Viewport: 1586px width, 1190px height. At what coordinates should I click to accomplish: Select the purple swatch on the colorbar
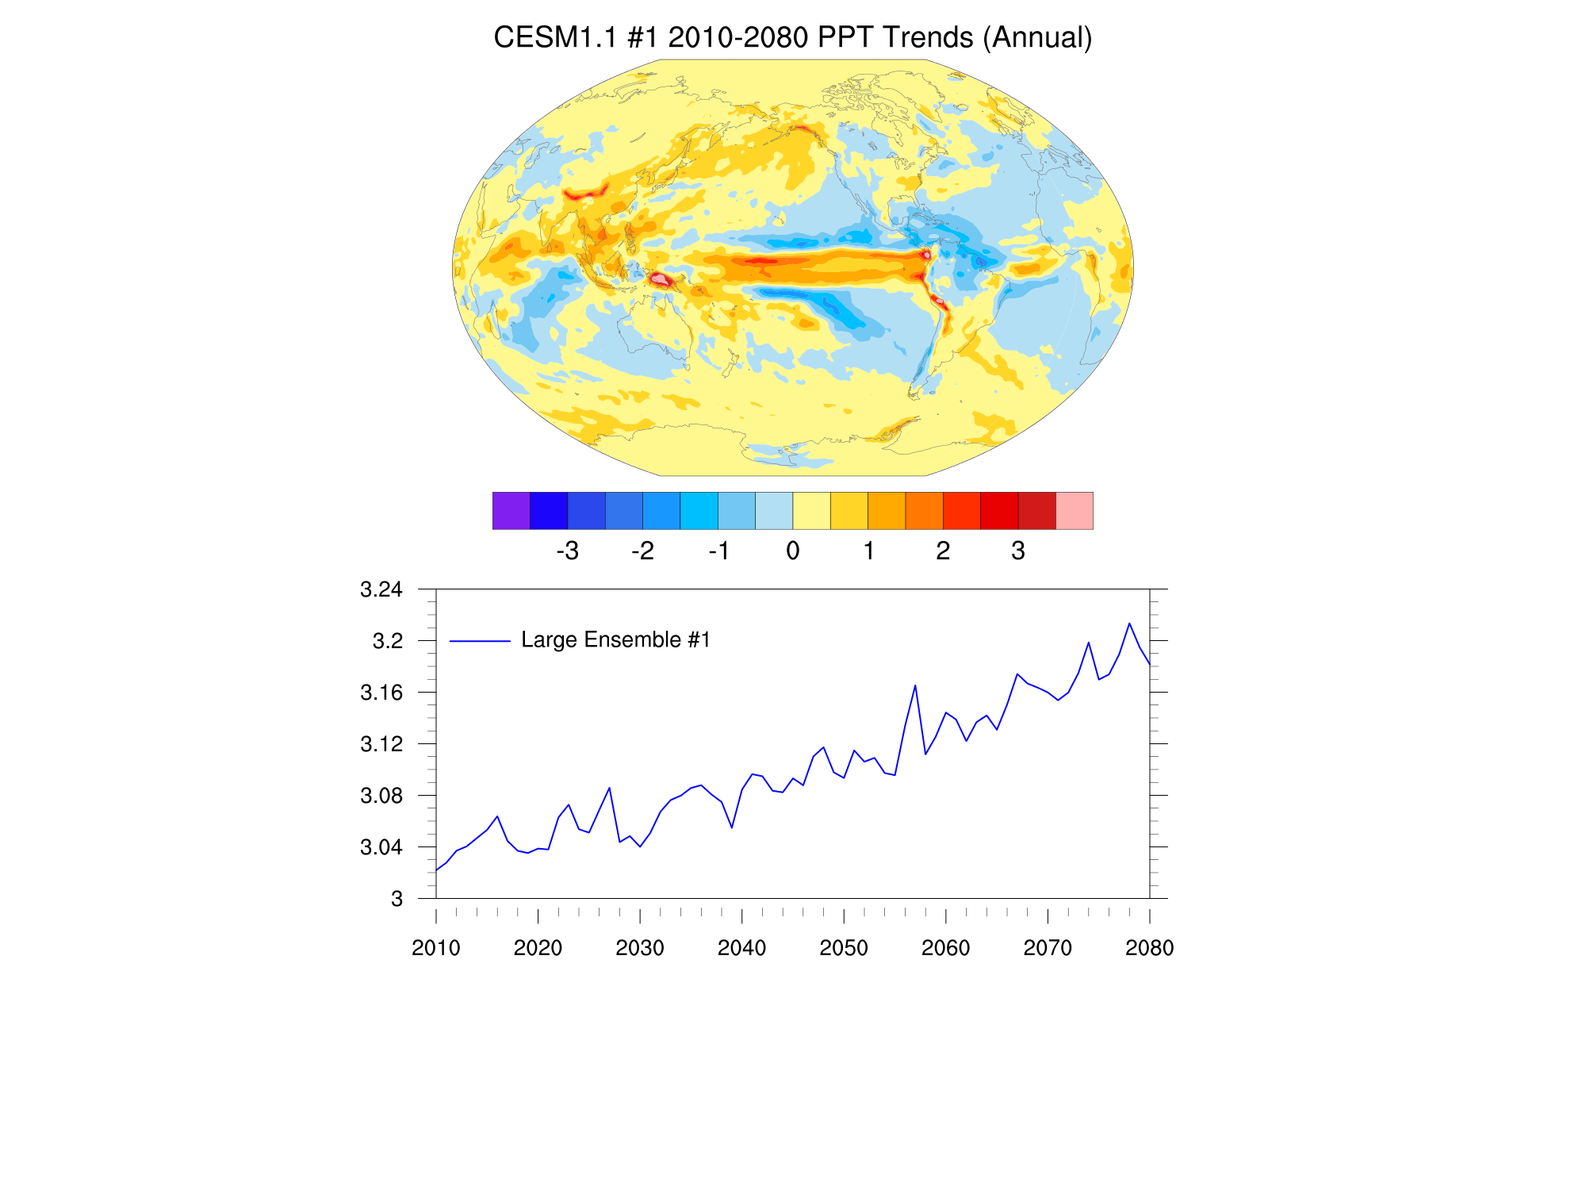click(x=511, y=511)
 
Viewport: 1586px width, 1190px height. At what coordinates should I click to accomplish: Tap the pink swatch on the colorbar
click(x=1075, y=511)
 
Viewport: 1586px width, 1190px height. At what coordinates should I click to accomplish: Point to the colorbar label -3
click(x=567, y=551)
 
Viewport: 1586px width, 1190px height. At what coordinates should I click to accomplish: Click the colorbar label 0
click(x=793, y=551)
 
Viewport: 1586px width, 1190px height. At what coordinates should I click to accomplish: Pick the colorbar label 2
click(x=943, y=551)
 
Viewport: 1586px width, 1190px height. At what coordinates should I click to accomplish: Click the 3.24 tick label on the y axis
click(x=381, y=589)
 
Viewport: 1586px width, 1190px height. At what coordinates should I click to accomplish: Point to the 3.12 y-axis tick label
click(x=381, y=744)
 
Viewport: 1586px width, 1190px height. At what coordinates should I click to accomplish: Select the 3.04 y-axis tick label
click(x=381, y=847)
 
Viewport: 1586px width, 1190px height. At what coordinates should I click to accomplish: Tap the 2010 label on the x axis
click(x=436, y=948)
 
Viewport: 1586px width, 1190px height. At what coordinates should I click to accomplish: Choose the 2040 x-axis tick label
click(x=742, y=948)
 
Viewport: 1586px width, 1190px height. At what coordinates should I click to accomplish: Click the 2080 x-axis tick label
click(x=1149, y=948)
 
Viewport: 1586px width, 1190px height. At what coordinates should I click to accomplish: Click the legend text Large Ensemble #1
click(x=615, y=640)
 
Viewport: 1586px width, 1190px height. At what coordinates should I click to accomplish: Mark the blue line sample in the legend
click(x=480, y=641)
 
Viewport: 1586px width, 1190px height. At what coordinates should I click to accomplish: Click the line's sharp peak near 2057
click(x=915, y=685)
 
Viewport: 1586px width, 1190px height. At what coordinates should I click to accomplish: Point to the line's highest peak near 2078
click(x=1129, y=624)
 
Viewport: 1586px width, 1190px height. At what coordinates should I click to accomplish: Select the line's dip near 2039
click(x=732, y=827)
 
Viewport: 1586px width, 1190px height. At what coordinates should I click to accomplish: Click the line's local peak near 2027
click(x=609, y=788)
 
